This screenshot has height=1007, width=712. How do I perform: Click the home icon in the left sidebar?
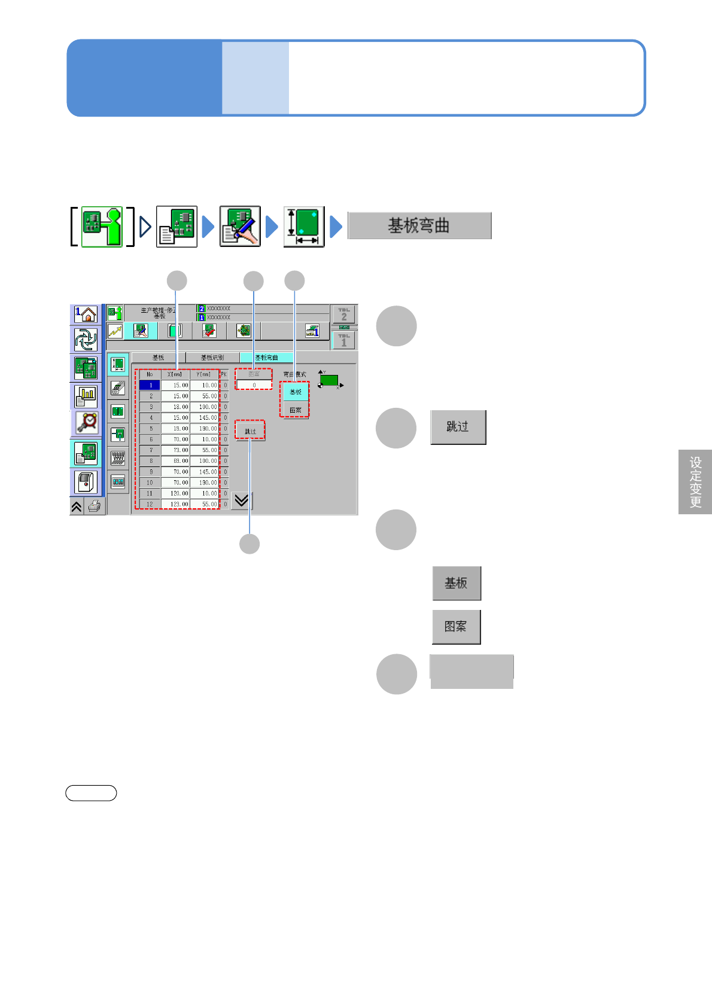(86, 315)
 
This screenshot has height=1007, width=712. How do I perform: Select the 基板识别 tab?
(212, 358)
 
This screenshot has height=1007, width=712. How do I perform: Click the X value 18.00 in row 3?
(175, 407)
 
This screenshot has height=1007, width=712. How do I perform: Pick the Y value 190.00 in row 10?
(204, 483)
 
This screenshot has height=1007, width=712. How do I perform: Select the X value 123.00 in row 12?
(175, 504)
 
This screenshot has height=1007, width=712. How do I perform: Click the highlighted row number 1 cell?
(150, 386)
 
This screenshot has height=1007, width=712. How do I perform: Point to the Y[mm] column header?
(204, 374)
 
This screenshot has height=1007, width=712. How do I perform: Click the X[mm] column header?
(175, 374)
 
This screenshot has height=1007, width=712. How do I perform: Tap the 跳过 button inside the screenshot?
(250, 431)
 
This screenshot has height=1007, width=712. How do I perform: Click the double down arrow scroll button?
(242, 501)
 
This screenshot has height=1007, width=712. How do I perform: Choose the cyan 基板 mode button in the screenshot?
(296, 392)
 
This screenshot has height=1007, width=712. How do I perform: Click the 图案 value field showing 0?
(254, 386)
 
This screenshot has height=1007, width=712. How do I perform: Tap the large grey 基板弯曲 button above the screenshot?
(419, 226)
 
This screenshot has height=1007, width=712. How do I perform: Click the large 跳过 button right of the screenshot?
(458, 427)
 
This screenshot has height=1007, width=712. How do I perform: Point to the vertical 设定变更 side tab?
(695, 482)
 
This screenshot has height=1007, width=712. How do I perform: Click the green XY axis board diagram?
(329, 380)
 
